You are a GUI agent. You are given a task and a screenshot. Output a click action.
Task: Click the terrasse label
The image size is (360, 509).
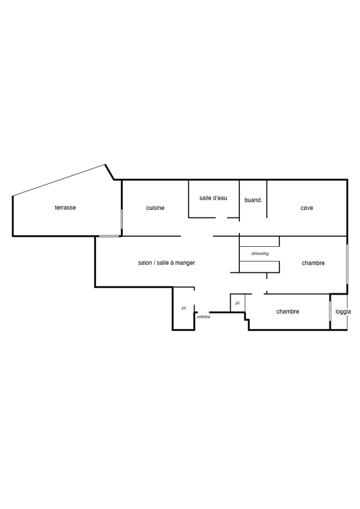[x=66, y=207]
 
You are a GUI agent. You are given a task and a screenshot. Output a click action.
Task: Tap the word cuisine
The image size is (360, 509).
[x=155, y=208]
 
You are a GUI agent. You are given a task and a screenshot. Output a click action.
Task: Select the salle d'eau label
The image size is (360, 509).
[x=213, y=198]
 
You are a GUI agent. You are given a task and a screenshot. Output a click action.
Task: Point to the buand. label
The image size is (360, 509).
[x=253, y=200]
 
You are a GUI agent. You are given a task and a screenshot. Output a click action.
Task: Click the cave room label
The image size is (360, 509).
[x=307, y=208]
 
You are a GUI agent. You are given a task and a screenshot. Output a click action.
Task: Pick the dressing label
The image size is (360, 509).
[x=260, y=253]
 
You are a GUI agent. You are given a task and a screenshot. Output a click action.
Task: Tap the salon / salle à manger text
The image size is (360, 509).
[x=167, y=263]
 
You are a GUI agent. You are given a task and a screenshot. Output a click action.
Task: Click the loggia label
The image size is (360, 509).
[x=343, y=312]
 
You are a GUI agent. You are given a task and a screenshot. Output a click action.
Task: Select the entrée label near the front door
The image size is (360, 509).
[x=204, y=317]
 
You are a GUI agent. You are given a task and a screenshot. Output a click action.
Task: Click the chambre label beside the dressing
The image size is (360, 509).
[x=314, y=263]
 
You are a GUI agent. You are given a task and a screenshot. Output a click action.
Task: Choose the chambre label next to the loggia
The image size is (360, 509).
[x=287, y=312]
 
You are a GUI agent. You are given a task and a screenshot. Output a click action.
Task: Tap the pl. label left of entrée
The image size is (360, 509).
[x=184, y=308]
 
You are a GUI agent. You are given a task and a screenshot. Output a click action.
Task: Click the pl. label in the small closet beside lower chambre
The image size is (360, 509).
[x=238, y=303]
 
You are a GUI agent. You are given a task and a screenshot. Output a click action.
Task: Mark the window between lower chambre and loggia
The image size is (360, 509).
[x=330, y=312]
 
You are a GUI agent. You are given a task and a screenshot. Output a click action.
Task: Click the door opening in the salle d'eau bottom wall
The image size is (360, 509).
[x=221, y=218]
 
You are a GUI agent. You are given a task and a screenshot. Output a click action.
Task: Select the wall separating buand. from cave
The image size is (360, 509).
[x=267, y=199]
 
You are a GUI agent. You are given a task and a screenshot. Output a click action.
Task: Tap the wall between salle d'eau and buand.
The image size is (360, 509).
[x=240, y=200]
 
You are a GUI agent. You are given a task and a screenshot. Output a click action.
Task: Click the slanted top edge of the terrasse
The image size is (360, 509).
[x=59, y=180]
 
